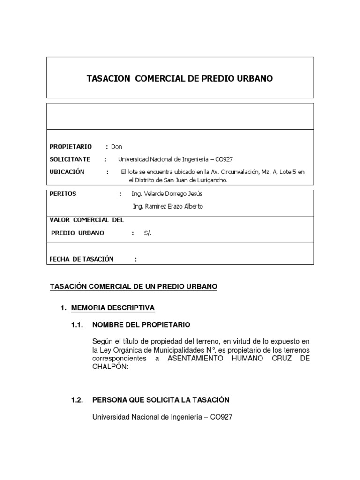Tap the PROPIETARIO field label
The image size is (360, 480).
(x=71, y=147)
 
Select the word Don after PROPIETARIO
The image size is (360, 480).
(x=117, y=147)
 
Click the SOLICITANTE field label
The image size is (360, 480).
(x=70, y=159)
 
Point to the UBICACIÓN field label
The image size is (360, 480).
(x=67, y=172)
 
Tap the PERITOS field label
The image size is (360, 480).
(x=63, y=194)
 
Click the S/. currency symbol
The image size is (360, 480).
(x=149, y=233)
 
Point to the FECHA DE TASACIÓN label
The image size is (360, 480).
(x=82, y=259)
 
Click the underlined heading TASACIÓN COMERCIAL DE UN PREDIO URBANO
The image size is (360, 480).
(x=134, y=286)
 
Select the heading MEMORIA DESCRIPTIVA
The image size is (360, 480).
(x=112, y=308)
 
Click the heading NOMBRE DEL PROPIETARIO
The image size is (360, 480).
(x=142, y=324)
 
